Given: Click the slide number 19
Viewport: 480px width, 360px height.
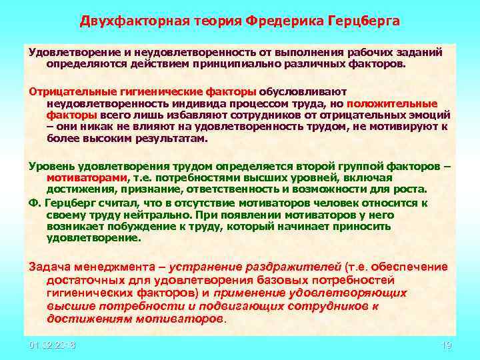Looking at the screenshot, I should (447, 345).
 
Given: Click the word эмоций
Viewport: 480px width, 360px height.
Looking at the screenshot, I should (429, 115).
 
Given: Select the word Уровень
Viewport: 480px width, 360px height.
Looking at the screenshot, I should (48, 165).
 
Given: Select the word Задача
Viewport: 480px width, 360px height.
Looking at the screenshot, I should (48, 267).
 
